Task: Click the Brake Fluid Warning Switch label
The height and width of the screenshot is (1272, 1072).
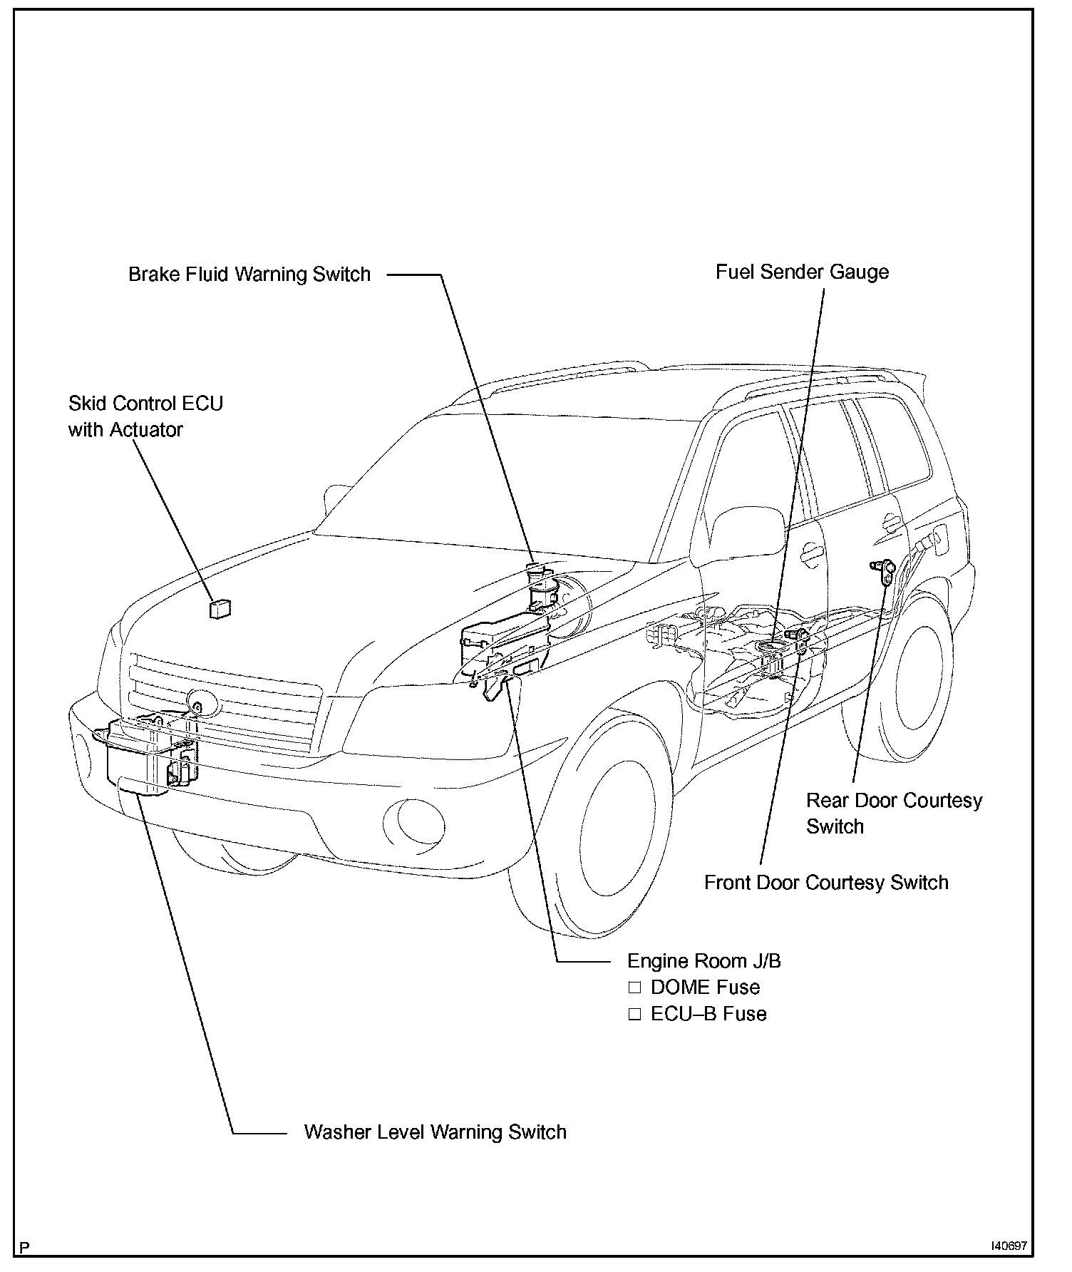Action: click(x=249, y=275)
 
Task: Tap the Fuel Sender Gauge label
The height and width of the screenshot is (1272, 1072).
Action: click(x=802, y=272)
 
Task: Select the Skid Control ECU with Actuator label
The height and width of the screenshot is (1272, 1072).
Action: click(x=145, y=416)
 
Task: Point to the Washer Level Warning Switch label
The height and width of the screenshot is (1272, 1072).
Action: click(x=435, y=1132)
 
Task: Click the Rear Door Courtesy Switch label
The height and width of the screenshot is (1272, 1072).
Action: click(x=894, y=814)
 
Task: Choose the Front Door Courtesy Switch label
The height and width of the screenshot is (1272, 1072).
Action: click(x=826, y=883)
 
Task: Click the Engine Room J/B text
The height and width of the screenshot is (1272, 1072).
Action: click(x=703, y=960)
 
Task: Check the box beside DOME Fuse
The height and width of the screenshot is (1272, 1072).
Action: click(x=634, y=988)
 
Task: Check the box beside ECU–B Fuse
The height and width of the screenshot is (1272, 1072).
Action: click(x=634, y=1014)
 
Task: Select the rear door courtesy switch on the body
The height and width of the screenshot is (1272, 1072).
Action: click(x=884, y=570)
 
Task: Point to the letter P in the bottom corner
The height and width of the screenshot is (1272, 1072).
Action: click(x=26, y=1247)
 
